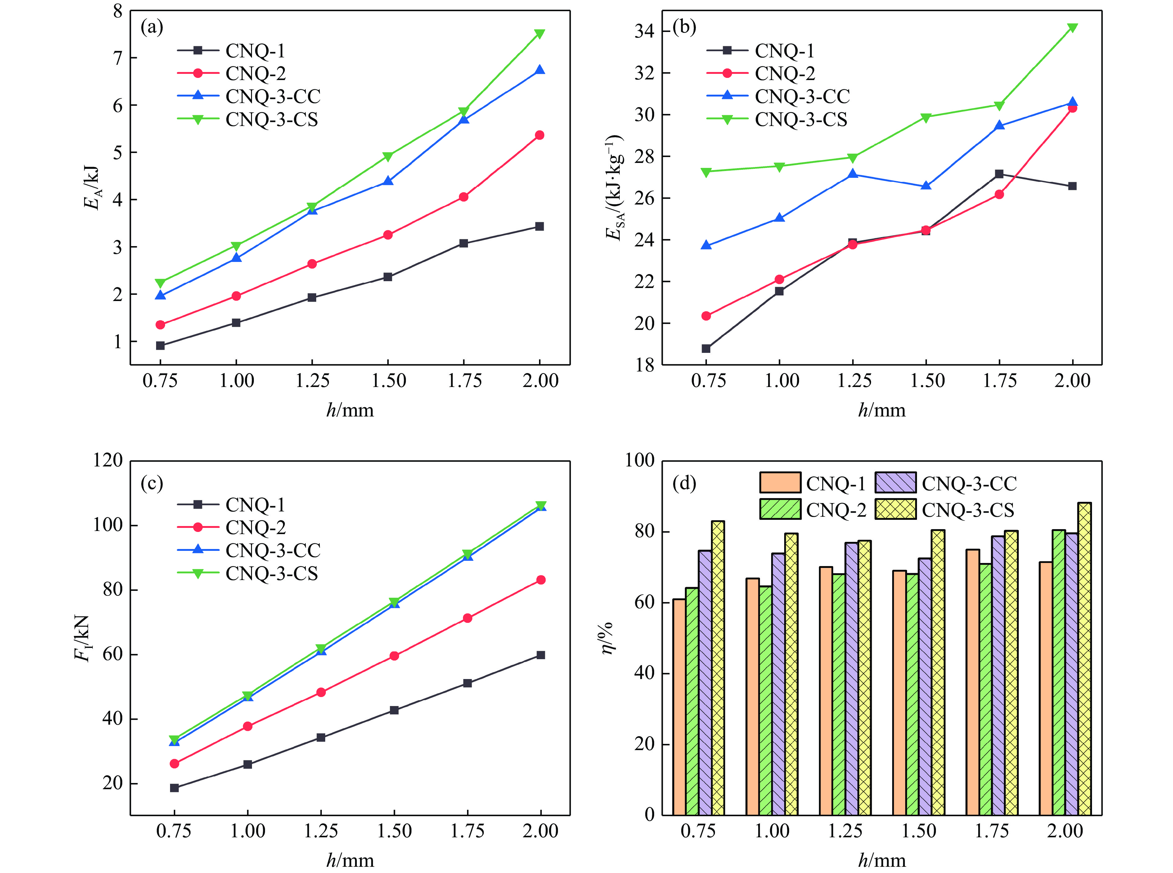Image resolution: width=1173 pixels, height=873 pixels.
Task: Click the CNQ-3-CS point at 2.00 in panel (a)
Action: [x=539, y=34]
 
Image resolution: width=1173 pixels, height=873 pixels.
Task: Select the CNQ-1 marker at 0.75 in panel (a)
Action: [x=160, y=346]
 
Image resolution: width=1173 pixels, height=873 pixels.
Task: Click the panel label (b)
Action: [x=684, y=26]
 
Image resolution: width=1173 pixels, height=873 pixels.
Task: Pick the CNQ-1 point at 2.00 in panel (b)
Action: [x=1072, y=186]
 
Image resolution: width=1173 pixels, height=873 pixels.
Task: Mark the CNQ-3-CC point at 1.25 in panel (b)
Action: [x=852, y=174]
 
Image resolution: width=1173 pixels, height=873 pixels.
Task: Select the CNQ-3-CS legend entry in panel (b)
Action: [x=801, y=119]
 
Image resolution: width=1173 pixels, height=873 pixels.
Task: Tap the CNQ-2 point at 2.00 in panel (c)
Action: [x=541, y=580]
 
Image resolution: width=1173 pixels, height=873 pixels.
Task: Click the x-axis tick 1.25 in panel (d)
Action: [x=845, y=831]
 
